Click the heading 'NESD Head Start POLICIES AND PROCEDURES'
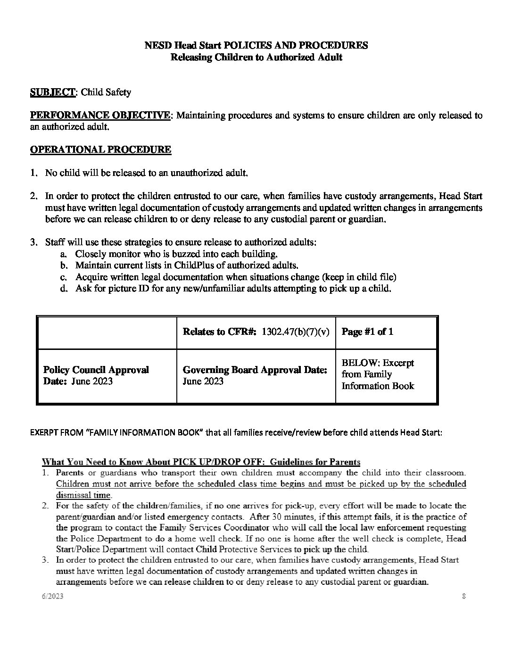pos(256,46)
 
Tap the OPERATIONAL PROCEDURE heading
pos(100,149)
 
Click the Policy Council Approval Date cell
pos(96,375)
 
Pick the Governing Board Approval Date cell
pos(255,375)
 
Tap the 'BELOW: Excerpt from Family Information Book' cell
pos(378,374)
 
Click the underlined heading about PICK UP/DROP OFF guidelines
pos(201,462)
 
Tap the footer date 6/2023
pos(51,597)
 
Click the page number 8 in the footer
pos(464,597)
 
